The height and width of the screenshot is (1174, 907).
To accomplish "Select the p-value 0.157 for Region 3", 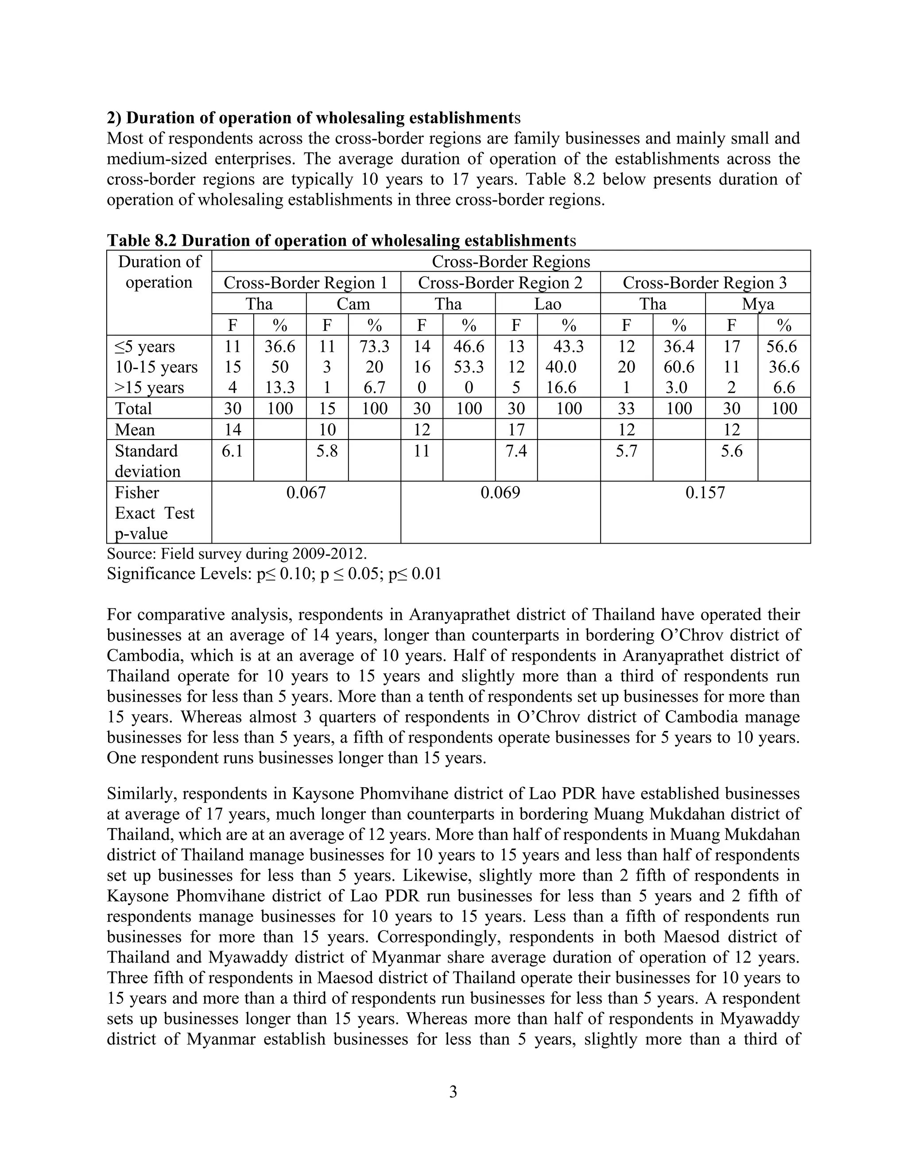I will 705,492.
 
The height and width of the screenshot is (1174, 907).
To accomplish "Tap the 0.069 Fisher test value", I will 500,492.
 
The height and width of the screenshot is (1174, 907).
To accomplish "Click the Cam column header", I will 353,304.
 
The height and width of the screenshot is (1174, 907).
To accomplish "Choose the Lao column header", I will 547,304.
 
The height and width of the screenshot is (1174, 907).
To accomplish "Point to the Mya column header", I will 758,304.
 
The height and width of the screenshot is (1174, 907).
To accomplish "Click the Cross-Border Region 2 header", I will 500,283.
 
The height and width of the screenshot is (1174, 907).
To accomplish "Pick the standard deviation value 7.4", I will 516,451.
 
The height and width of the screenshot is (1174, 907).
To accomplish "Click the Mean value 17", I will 516,429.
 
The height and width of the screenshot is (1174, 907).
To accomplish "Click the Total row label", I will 133,408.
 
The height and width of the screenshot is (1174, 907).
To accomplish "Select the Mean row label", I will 135,429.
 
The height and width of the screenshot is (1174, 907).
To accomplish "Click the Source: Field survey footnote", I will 237,553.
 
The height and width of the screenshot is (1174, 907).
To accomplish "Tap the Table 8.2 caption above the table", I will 341,240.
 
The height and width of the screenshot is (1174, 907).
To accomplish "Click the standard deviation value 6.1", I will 232,451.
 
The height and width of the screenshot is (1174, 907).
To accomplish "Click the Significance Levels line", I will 274,574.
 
